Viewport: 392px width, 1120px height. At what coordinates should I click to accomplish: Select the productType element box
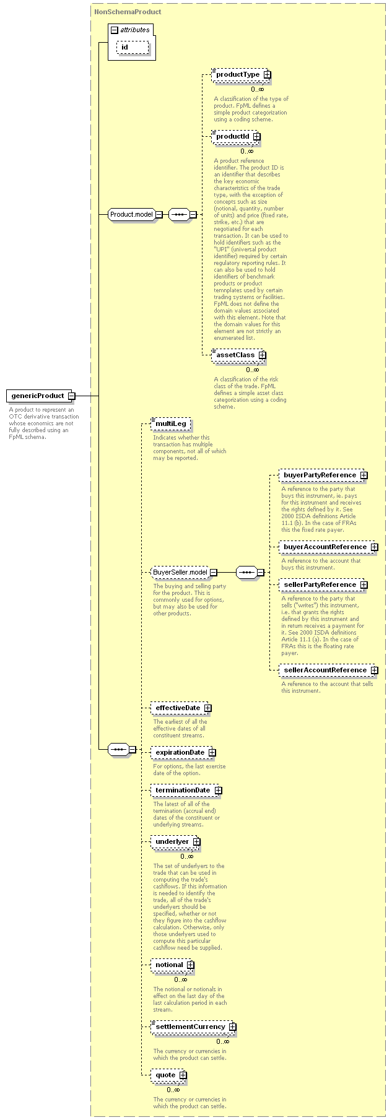click(241, 75)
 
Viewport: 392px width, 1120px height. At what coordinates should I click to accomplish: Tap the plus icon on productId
click(256, 137)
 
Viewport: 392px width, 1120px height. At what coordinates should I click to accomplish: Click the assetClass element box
click(238, 355)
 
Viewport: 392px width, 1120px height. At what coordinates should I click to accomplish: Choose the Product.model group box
click(136, 214)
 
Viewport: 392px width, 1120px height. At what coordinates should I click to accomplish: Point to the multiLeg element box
click(171, 424)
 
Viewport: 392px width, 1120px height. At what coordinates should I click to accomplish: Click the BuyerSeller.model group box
click(184, 573)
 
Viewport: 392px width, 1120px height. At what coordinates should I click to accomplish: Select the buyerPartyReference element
click(323, 475)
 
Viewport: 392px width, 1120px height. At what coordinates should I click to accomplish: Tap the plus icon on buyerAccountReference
click(374, 547)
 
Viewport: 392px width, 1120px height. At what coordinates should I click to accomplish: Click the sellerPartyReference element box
click(323, 585)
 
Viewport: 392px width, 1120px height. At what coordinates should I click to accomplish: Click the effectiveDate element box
click(181, 708)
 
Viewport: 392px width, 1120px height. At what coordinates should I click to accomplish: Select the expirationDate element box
click(183, 753)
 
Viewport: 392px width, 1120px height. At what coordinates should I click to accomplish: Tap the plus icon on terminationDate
click(218, 791)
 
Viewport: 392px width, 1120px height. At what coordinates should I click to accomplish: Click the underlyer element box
click(176, 842)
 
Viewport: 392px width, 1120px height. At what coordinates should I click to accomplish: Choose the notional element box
click(173, 965)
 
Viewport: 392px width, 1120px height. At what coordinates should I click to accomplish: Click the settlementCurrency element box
click(194, 1027)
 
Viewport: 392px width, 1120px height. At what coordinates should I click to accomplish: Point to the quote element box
click(169, 1075)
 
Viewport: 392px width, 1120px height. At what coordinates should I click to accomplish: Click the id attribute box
click(133, 48)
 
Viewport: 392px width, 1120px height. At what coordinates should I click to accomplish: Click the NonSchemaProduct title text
click(128, 12)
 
